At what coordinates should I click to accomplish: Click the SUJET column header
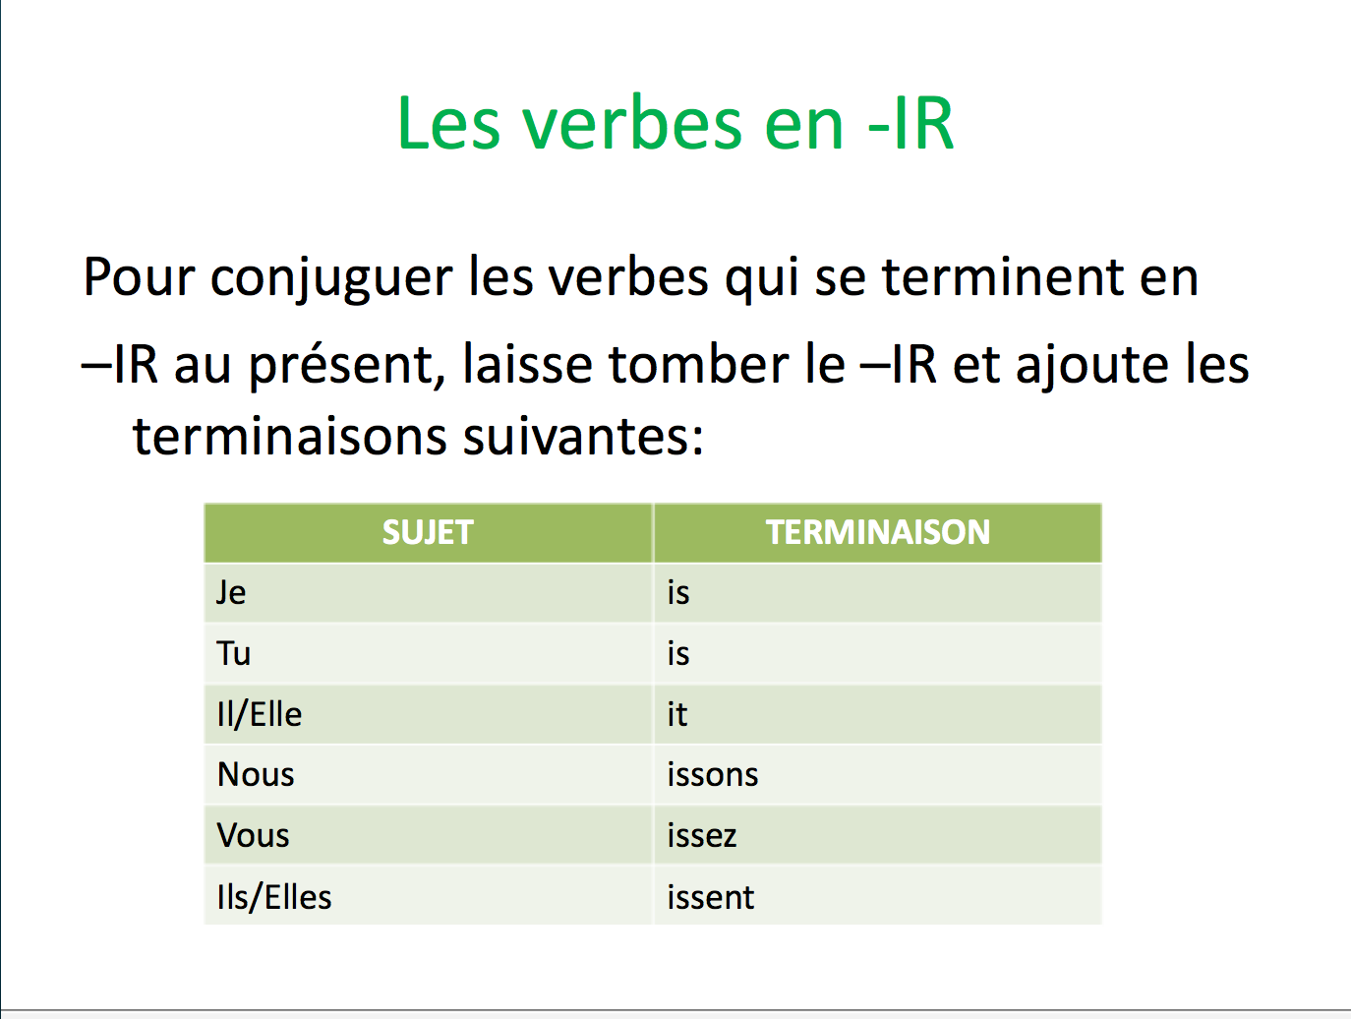coord(428,532)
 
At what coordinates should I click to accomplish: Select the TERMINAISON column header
coord(878,532)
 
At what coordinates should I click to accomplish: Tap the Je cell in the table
coord(231,592)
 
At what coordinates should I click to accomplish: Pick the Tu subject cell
coord(234,653)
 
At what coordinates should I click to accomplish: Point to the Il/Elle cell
coord(260,714)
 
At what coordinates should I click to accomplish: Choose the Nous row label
coord(256,775)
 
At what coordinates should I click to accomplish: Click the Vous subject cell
coord(254,836)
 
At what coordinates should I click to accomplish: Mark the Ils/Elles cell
coord(274,897)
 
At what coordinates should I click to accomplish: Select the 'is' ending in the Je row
coord(678,592)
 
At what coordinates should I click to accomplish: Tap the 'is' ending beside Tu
coord(678,653)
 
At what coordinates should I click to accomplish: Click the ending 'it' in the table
coord(677,714)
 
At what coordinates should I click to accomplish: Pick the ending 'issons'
coord(713,775)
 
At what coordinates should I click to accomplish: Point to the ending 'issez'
coord(702,836)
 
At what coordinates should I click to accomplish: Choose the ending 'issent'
coord(711,897)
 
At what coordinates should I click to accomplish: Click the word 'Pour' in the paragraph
coord(139,276)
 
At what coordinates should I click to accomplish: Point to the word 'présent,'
coord(340,366)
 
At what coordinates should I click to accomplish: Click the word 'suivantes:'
coord(583,436)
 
